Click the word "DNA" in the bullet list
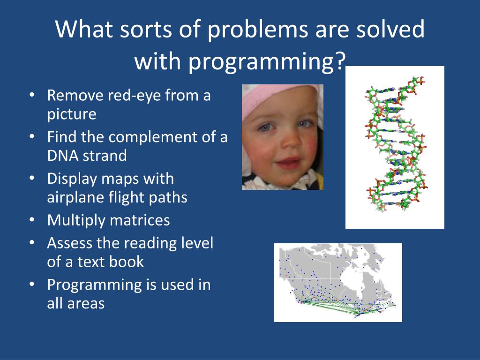coord(62,155)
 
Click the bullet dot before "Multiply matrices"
coord(32,220)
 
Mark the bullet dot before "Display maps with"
coord(32,179)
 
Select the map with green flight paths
coord(338,283)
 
